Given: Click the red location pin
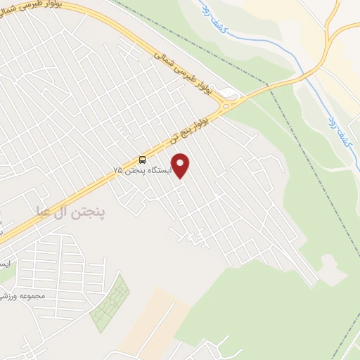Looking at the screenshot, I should pos(181,165).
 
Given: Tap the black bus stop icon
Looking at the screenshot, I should pos(143,160).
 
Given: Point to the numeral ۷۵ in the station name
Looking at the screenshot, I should pos(118,170).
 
